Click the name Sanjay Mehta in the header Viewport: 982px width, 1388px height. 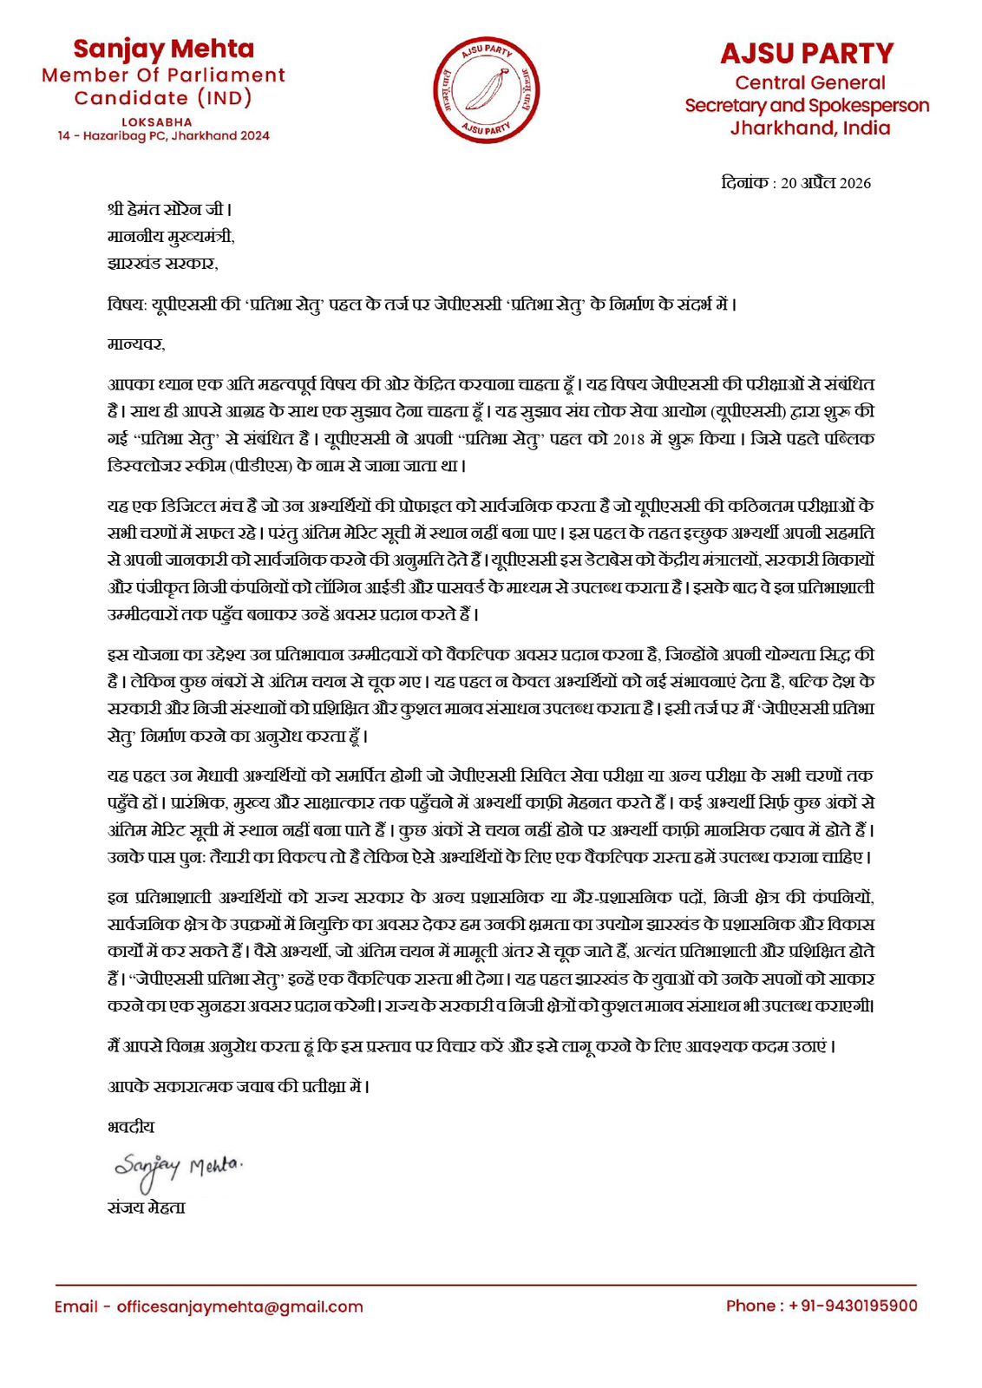pyautogui.click(x=163, y=49)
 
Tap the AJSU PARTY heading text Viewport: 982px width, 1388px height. pyautogui.click(x=806, y=54)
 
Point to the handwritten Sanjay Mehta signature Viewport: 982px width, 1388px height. pyautogui.click(x=179, y=1168)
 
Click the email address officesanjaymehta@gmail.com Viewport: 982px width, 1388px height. pyautogui.click(x=239, y=1306)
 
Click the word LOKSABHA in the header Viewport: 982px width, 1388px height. pyautogui.click(x=157, y=122)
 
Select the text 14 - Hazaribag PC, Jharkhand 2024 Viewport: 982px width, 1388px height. pyautogui.click(x=163, y=136)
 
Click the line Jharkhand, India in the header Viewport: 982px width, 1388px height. pyautogui.click(x=809, y=128)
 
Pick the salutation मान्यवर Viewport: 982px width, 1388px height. pyautogui.click(x=136, y=344)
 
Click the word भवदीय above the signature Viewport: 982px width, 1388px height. pyautogui.click(x=131, y=1127)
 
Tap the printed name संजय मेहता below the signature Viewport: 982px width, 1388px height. pyautogui.click(x=146, y=1208)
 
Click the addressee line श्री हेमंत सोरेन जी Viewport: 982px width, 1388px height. pyautogui.click(x=169, y=209)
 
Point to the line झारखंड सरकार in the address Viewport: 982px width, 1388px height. pyautogui.click(x=162, y=263)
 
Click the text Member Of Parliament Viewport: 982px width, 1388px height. pyautogui.click(x=163, y=75)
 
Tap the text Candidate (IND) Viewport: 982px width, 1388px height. pyautogui.click(x=163, y=98)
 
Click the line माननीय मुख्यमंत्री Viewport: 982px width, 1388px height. pyautogui.click(x=171, y=236)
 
